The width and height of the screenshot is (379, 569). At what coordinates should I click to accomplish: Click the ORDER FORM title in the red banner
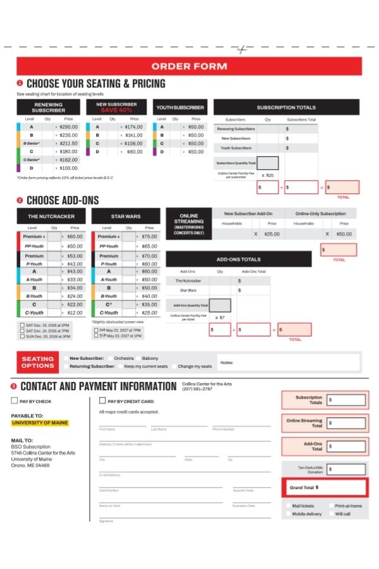tap(189, 66)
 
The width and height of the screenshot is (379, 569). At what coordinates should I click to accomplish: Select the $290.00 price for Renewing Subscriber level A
tap(68, 126)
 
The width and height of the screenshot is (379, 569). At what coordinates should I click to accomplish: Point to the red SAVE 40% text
tap(116, 111)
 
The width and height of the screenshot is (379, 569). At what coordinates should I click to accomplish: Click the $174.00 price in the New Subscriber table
tap(134, 126)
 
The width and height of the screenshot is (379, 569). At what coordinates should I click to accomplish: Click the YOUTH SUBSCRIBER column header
tap(180, 107)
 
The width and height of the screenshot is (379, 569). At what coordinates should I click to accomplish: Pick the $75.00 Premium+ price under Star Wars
tap(149, 236)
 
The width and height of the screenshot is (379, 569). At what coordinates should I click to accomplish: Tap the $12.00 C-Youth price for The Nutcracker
tap(75, 312)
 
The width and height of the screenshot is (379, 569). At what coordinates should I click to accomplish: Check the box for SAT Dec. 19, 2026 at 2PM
tap(23, 325)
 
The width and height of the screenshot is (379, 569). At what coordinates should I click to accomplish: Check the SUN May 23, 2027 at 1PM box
tap(97, 336)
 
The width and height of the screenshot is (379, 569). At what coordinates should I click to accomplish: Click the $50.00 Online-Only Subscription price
tap(344, 234)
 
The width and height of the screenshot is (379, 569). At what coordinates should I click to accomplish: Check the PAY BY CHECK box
tap(15, 401)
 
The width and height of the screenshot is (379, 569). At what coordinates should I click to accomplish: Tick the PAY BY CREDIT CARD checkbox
tap(103, 401)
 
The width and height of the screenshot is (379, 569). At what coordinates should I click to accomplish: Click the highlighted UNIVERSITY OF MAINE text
tap(40, 422)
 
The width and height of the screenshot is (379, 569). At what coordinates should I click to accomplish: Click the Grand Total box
tap(325, 487)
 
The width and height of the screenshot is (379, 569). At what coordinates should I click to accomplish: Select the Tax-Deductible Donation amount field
tap(346, 469)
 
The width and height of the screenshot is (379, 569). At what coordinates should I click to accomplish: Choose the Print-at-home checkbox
tap(330, 506)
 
